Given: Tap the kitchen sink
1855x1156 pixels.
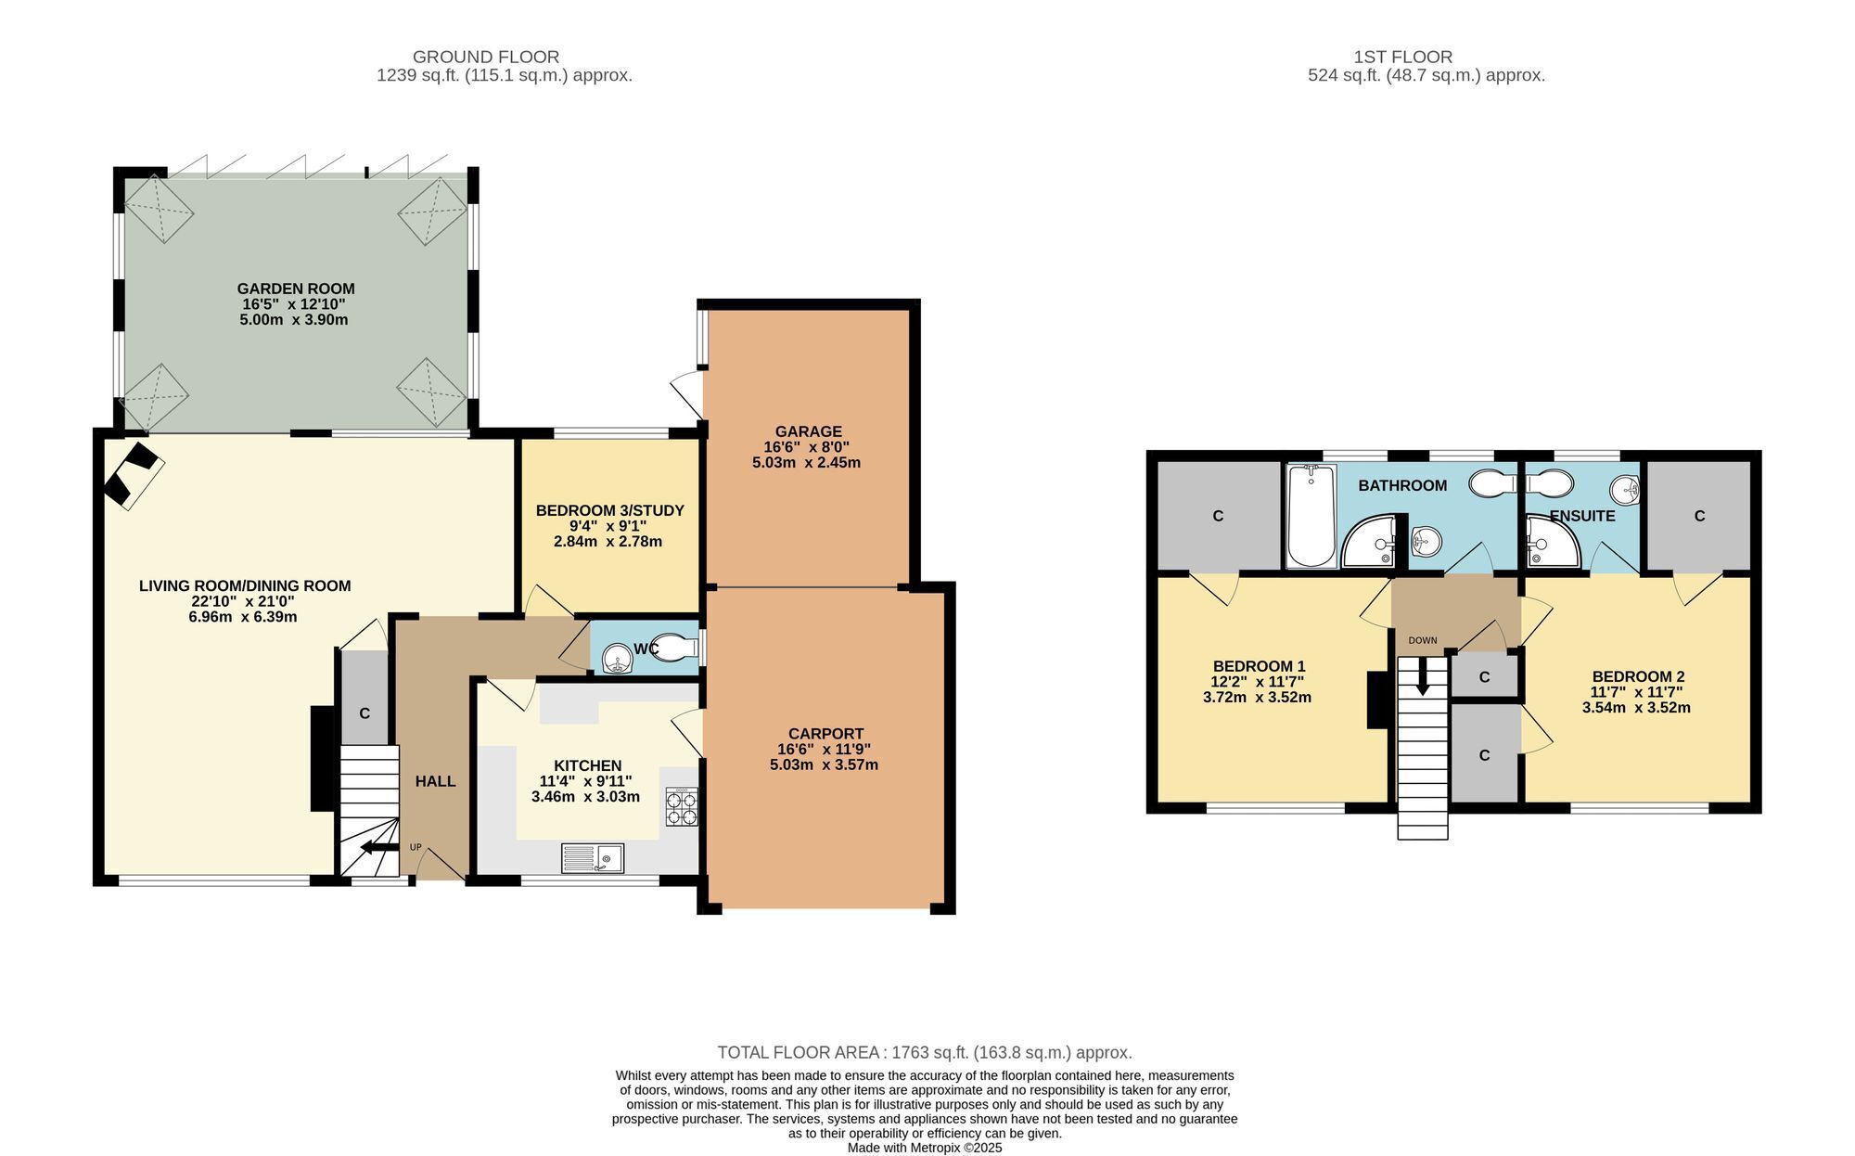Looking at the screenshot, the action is (593, 858).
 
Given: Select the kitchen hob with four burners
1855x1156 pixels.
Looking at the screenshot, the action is (682, 806).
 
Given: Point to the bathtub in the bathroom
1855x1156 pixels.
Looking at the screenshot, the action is (1311, 516).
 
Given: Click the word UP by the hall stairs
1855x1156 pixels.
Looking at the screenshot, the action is (416, 847).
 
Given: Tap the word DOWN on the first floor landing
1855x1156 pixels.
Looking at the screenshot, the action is (1422, 640).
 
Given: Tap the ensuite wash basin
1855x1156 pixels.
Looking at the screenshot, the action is (1625, 488).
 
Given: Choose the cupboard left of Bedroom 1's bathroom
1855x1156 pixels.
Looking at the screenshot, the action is (1219, 515).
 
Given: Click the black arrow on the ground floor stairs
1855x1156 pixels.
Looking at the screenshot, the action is (377, 846).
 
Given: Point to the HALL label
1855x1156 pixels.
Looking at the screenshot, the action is (435, 781).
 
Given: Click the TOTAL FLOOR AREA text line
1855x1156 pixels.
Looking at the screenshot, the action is (925, 1052).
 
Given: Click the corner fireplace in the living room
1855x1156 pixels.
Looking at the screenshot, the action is (134, 473).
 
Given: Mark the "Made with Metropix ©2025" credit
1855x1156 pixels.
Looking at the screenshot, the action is (925, 1148).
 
